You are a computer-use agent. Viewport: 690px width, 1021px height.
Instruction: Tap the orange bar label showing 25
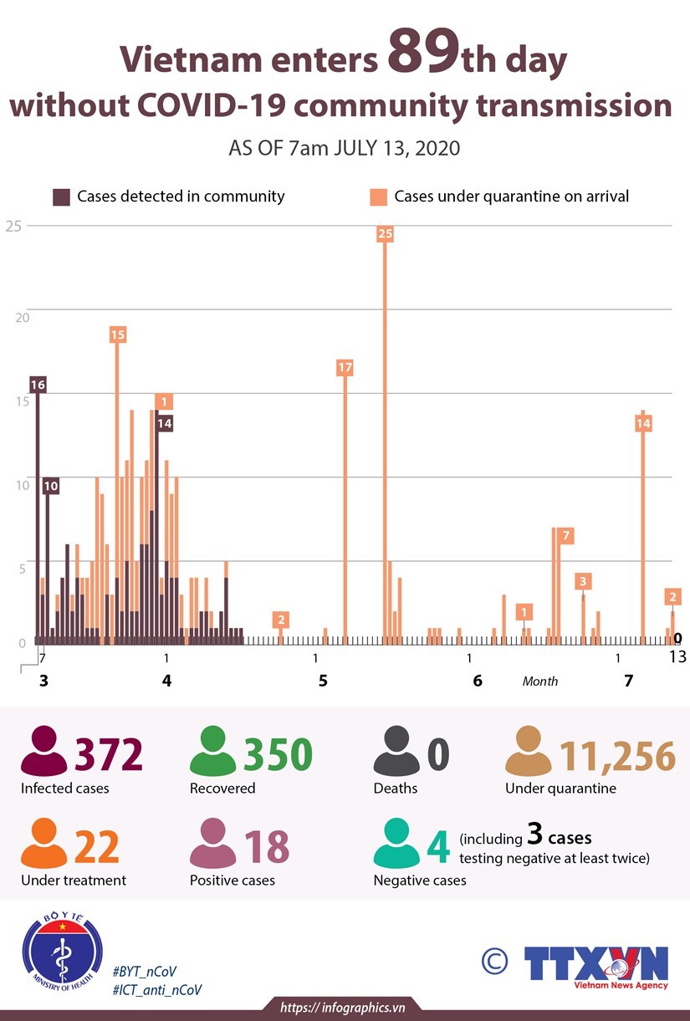pos(385,234)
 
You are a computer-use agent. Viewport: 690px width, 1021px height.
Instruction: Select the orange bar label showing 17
pos(345,367)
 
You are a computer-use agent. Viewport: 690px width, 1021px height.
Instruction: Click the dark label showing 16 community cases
pos(37,385)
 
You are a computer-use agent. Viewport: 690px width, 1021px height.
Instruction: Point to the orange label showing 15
pos(117,334)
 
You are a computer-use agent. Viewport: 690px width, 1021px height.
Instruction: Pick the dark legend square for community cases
pos(62,197)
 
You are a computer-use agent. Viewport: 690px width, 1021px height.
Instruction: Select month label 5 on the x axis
pos(323,681)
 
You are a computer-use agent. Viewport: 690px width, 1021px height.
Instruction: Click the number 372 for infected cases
pos(109,754)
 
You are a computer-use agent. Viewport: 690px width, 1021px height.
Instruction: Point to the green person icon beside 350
pos(213,750)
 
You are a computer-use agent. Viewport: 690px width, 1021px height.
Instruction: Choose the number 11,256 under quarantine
pos(617,755)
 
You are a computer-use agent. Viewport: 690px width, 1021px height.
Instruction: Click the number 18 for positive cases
pos(265,846)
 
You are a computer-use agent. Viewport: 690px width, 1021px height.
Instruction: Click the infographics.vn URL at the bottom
pos(343,1008)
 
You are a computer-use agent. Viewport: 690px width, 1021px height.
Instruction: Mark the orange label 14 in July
pos(643,424)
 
